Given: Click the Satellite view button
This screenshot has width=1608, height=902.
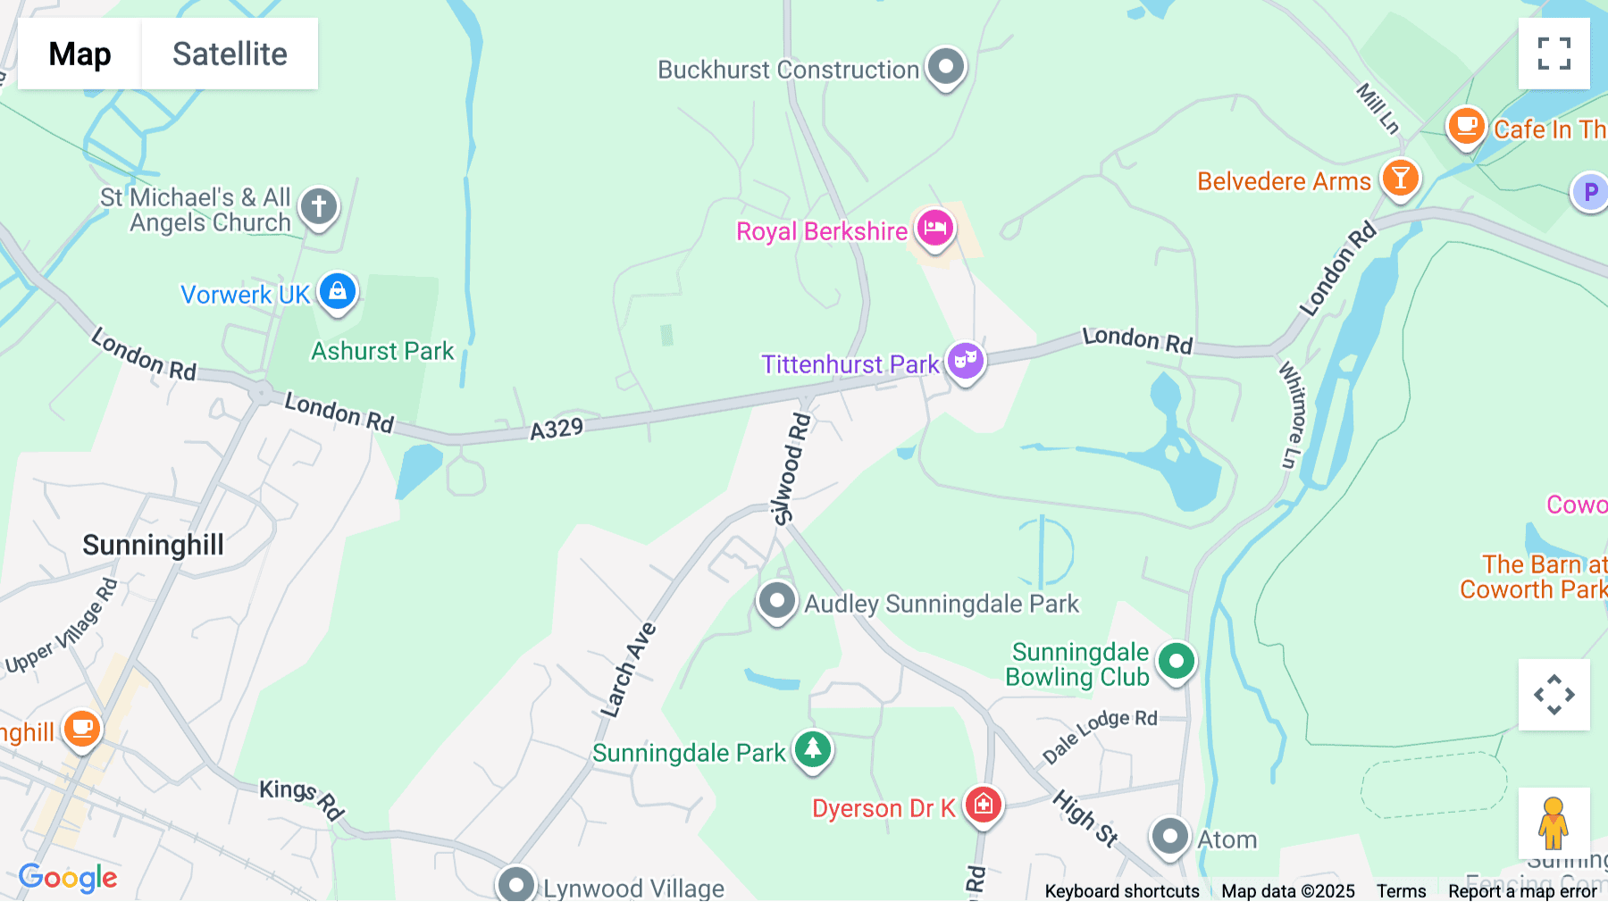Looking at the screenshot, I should (x=230, y=54).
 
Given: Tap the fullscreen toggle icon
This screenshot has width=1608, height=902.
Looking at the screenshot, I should (x=1554, y=54).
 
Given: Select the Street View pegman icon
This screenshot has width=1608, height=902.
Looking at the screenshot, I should (x=1554, y=823).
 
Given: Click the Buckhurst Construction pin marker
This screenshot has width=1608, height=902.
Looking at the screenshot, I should (x=946, y=66).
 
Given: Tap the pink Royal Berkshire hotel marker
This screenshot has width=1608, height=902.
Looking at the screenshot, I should (x=934, y=228).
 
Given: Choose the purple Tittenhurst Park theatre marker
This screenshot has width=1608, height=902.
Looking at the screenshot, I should (x=966, y=361).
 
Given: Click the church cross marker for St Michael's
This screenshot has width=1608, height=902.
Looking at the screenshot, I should (x=319, y=206).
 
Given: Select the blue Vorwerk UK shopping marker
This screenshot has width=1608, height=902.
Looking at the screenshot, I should (x=338, y=291).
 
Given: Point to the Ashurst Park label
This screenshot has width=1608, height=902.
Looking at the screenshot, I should (x=382, y=351).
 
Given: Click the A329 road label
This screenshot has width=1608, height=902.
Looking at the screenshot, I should (x=557, y=430).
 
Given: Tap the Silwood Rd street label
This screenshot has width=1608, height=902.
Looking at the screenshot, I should (x=791, y=470).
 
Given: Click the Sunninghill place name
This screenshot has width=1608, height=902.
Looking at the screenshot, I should (x=153, y=545).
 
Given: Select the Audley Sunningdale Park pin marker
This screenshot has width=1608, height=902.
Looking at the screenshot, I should (x=776, y=601).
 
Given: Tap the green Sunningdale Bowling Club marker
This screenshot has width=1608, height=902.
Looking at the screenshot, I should (x=1176, y=662).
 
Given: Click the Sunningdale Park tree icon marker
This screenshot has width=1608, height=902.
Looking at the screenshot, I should (x=812, y=749).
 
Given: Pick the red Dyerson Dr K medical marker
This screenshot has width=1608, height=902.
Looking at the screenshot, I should (x=984, y=805).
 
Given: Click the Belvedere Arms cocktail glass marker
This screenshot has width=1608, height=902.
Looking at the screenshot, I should (x=1400, y=178).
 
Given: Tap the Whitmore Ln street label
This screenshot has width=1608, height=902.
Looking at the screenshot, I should (x=1292, y=414).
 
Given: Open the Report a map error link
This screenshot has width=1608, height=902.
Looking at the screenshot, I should (x=1522, y=891).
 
